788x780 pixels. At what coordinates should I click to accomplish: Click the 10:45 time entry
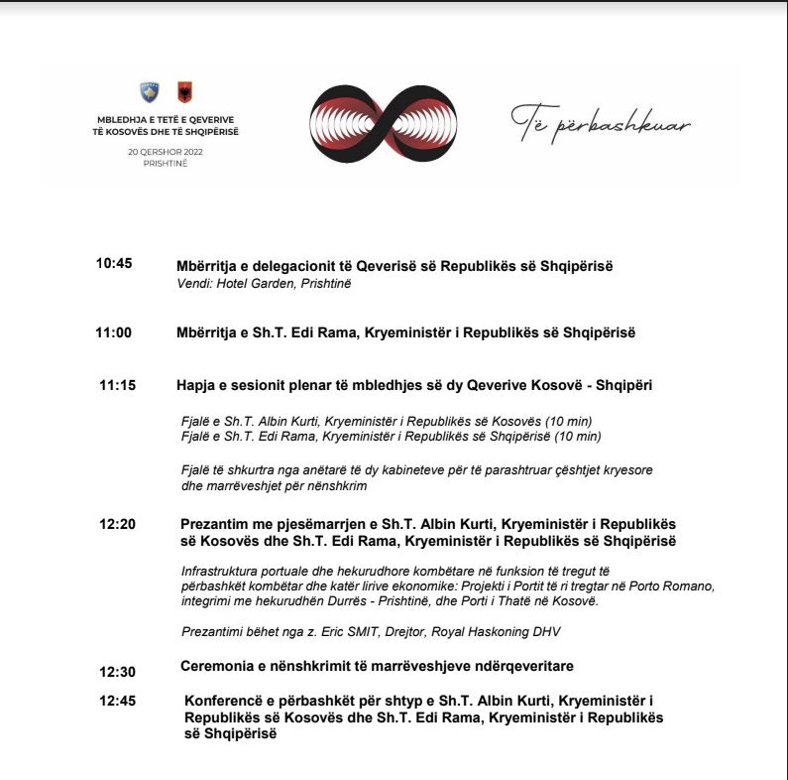click(x=114, y=264)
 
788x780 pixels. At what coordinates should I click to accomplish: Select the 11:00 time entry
click(x=114, y=332)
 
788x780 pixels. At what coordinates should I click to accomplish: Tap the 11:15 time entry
click(x=117, y=385)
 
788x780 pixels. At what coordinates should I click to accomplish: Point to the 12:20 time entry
click(x=117, y=524)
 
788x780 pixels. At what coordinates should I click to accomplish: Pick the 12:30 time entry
click(x=117, y=672)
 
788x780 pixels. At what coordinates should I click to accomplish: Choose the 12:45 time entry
click(x=117, y=701)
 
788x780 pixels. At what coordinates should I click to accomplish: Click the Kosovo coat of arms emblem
click(x=150, y=93)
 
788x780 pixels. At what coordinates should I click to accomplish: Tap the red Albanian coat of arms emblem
click(x=184, y=93)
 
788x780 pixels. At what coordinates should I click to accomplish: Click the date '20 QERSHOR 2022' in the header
click(x=166, y=152)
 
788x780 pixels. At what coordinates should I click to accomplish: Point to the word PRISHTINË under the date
click(x=165, y=163)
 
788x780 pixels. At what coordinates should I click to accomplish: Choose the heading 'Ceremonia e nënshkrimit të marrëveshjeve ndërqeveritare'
click(x=377, y=665)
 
